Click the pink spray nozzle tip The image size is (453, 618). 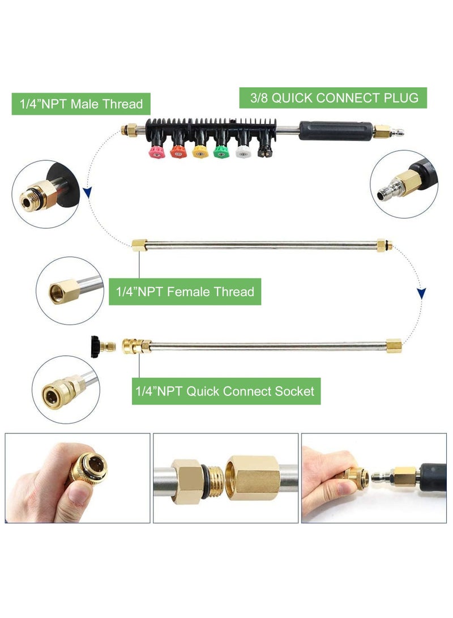(x=157, y=152)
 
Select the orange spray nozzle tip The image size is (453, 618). (x=178, y=152)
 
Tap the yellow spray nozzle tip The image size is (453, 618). (x=200, y=152)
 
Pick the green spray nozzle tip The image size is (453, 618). (x=221, y=152)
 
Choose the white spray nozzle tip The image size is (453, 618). (x=243, y=152)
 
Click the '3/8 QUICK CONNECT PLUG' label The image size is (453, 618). (x=334, y=98)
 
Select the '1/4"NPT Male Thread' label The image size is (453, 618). (x=81, y=104)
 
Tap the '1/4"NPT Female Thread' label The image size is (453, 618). (x=185, y=292)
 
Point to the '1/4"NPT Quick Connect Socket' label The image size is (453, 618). (x=226, y=391)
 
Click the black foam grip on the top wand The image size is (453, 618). (x=336, y=131)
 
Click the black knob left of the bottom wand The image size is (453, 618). (x=95, y=347)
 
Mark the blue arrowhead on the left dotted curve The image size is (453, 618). (x=87, y=193)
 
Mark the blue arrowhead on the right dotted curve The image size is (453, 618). (x=421, y=293)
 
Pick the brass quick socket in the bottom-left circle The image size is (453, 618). (x=63, y=390)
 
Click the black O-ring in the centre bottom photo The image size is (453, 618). (x=205, y=481)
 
